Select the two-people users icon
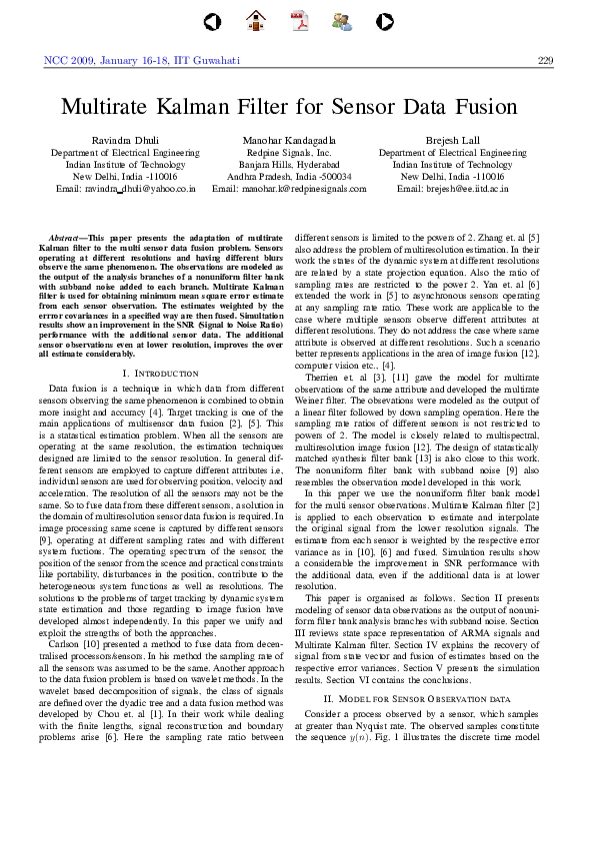pyautogui.click(x=341, y=19)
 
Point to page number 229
pyautogui.click(x=545, y=60)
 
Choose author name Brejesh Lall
pyautogui.click(x=452, y=141)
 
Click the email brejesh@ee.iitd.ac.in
pyautogui.click(x=452, y=188)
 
